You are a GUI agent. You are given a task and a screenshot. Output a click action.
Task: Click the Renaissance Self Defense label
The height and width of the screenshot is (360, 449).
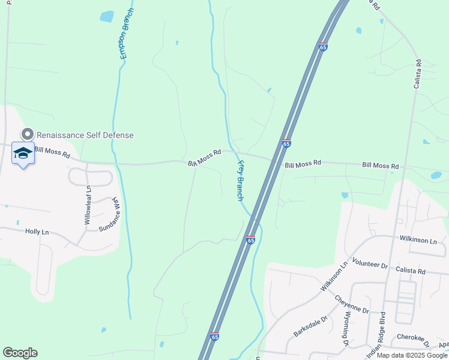tap(85, 135)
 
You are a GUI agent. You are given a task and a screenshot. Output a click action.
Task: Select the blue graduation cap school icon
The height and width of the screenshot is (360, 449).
tap(23, 154)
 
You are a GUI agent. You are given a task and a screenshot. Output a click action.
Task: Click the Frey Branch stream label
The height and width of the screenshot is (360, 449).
tap(240, 180)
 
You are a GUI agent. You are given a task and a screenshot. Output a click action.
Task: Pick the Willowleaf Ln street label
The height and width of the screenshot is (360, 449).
tap(88, 206)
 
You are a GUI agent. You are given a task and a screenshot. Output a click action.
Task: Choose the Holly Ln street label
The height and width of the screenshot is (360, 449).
tap(37, 231)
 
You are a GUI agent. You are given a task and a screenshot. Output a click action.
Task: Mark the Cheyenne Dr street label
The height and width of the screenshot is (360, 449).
tap(352, 305)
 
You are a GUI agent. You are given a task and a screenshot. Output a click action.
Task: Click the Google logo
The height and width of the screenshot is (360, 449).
tap(20, 353)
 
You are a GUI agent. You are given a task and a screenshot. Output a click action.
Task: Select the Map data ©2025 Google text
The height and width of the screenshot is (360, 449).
tap(411, 355)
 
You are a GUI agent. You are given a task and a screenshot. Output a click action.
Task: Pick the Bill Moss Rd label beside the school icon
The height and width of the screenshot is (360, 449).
tap(52, 152)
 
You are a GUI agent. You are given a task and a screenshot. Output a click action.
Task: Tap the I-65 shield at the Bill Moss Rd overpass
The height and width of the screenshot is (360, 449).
tap(286, 143)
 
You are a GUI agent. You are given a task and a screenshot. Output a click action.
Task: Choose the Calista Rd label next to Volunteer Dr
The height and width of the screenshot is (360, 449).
tap(411, 271)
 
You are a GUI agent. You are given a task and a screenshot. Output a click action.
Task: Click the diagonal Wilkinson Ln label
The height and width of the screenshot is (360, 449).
tap(334, 277)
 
